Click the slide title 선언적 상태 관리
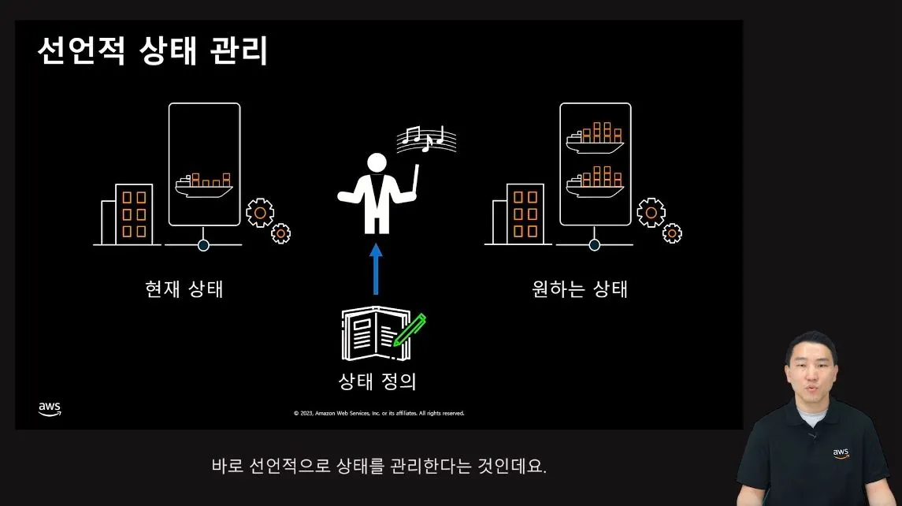[x=153, y=51]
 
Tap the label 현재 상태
[x=184, y=288]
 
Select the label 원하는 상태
[x=580, y=288]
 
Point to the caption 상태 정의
[x=377, y=382]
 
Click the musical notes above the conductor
[x=426, y=138]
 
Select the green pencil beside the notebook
[x=410, y=330]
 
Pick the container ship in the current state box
[x=204, y=184]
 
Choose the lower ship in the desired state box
[x=595, y=179]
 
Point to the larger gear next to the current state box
[x=260, y=212]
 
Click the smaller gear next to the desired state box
[x=672, y=233]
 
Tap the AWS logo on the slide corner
[x=49, y=408]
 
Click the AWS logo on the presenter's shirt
[x=841, y=453]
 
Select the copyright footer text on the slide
[x=379, y=413]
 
